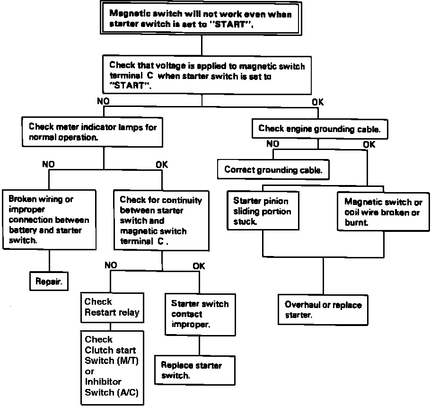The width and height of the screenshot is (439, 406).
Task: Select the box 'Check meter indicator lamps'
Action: click(92, 132)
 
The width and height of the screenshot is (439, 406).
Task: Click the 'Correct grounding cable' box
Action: click(273, 169)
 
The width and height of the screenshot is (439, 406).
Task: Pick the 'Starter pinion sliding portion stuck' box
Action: click(262, 211)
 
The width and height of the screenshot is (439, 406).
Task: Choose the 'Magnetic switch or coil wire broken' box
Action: click(383, 212)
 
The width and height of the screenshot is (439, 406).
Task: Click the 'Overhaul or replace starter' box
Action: click(323, 309)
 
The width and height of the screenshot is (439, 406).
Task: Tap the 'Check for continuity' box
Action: click(161, 220)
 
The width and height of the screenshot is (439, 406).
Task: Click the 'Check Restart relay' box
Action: click(112, 307)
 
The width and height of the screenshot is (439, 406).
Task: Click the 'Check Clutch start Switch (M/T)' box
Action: click(112, 366)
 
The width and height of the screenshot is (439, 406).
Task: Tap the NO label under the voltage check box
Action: click(103, 101)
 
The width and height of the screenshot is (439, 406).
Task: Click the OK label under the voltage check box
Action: click(318, 101)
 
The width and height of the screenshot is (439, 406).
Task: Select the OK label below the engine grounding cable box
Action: click(369, 144)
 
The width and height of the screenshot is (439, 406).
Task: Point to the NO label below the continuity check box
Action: click(110, 265)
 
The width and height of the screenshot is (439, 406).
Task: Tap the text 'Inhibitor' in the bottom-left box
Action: click(103, 381)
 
